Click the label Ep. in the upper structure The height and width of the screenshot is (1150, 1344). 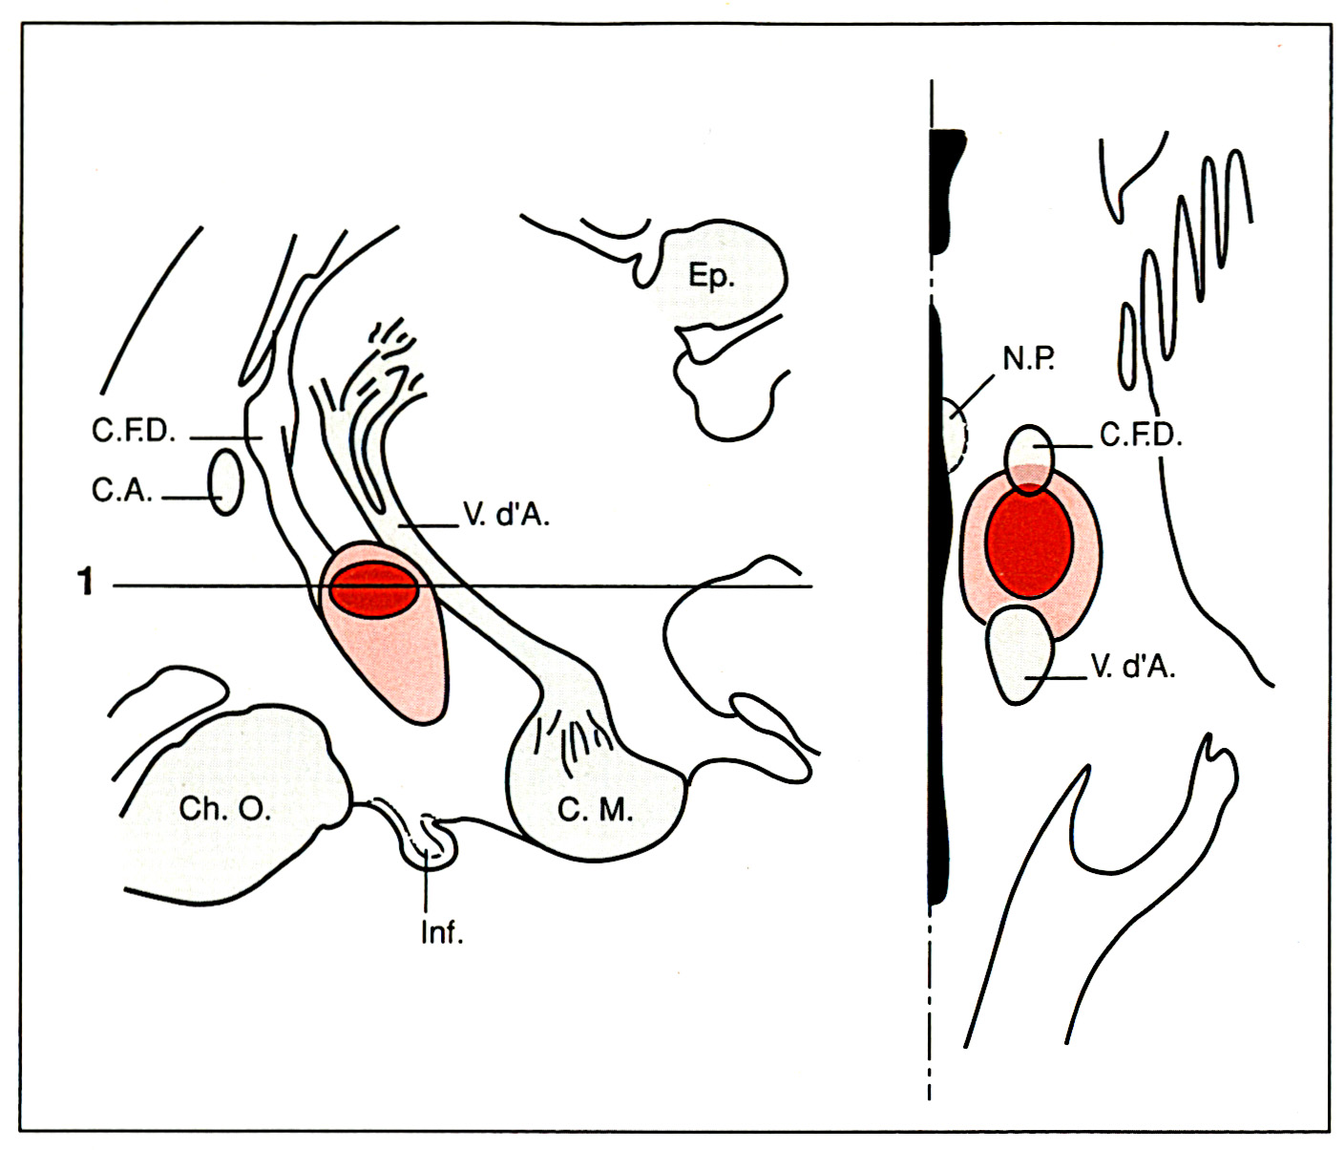pyautogui.click(x=711, y=276)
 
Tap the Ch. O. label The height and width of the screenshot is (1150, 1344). pyautogui.click(x=225, y=809)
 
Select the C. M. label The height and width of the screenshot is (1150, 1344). pyautogui.click(x=595, y=810)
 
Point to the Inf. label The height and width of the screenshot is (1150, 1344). pyautogui.click(x=442, y=932)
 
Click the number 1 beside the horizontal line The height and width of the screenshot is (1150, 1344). pyautogui.click(x=86, y=581)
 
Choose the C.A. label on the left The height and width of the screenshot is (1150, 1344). pyautogui.click(x=121, y=490)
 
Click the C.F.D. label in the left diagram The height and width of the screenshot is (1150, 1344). pyautogui.click(x=134, y=432)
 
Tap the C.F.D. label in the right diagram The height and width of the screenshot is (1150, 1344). pyautogui.click(x=1141, y=436)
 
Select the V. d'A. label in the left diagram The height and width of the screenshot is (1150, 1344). pyautogui.click(x=506, y=516)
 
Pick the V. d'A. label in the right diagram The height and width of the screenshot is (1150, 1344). pyautogui.click(x=1133, y=667)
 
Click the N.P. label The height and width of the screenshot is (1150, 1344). pyautogui.click(x=1028, y=359)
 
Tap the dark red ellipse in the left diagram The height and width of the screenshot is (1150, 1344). pyautogui.click(x=373, y=590)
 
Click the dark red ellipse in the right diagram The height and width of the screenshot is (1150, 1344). pyautogui.click(x=1029, y=541)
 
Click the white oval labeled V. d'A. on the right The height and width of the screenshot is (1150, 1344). pyautogui.click(x=1019, y=654)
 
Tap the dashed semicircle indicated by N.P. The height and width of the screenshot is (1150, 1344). pyautogui.click(x=955, y=436)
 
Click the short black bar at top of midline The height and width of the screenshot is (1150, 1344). pyautogui.click(x=945, y=191)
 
